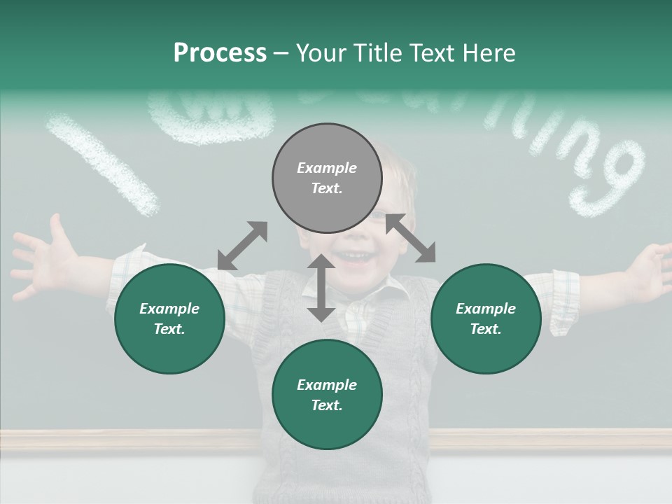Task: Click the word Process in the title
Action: tap(220, 53)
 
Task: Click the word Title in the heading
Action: tap(378, 53)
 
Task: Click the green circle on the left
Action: tap(169, 318)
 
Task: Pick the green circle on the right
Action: tap(486, 318)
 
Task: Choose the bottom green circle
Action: tap(327, 395)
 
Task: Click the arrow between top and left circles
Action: tap(242, 246)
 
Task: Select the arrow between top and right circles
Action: tap(411, 238)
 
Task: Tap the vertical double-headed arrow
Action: tap(321, 288)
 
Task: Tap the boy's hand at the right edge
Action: tap(651, 269)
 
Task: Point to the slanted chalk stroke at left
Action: tap(103, 164)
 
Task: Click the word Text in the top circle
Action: tap(327, 188)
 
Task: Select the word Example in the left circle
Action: tap(169, 309)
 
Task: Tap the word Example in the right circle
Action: tap(486, 309)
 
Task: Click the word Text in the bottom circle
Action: tap(327, 405)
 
